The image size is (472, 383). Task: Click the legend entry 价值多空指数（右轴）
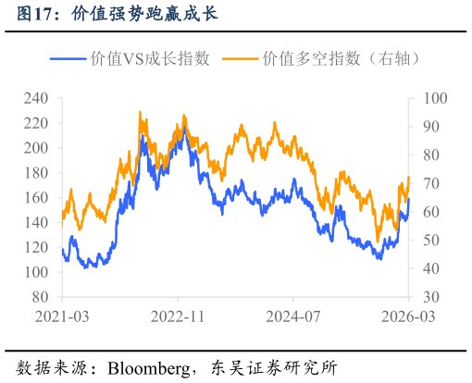click(x=343, y=58)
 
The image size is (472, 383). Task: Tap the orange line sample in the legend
click(x=242, y=58)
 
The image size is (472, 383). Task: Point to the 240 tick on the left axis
click(x=36, y=97)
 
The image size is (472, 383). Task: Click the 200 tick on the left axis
click(x=36, y=148)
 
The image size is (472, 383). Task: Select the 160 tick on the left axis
click(x=36, y=198)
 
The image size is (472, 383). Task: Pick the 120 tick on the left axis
click(x=36, y=248)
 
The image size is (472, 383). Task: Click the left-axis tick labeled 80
click(x=40, y=298)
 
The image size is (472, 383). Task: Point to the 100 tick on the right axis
click(x=435, y=97)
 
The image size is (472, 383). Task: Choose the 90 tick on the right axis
click(x=432, y=126)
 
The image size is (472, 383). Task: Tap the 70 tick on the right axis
click(x=432, y=183)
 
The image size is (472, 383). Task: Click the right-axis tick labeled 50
click(x=432, y=241)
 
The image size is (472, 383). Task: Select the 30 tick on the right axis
click(x=432, y=298)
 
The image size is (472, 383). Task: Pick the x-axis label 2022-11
click(x=177, y=316)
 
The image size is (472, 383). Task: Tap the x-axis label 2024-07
click(x=292, y=316)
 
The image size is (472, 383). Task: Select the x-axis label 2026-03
click(x=408, y=316)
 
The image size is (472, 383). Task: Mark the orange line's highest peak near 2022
click(x=140, y=113)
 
